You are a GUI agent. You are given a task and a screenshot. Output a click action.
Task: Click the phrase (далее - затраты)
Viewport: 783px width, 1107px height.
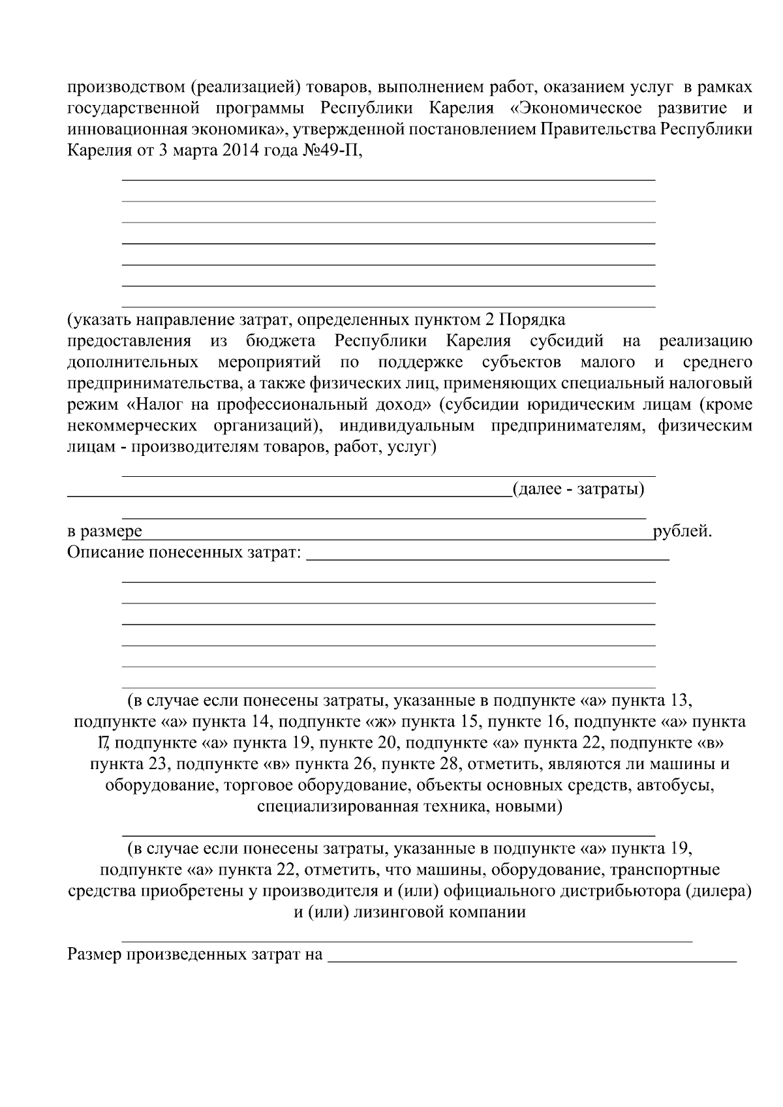click(578, 489)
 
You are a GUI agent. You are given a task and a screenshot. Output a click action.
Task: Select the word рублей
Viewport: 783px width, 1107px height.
click(682, 532)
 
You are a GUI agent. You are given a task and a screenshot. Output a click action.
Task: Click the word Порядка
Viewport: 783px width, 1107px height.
click(532, 320)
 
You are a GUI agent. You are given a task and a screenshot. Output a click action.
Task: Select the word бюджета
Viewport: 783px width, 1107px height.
click(281, 341)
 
